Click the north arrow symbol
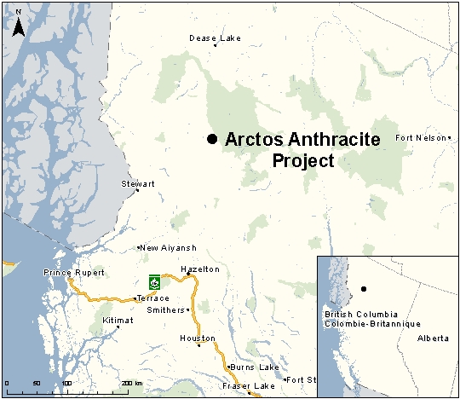(x=18, y=25)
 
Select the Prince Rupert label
(x=74, y=273)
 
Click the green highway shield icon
(x=154, y=280)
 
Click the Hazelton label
(x=200, y=269)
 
